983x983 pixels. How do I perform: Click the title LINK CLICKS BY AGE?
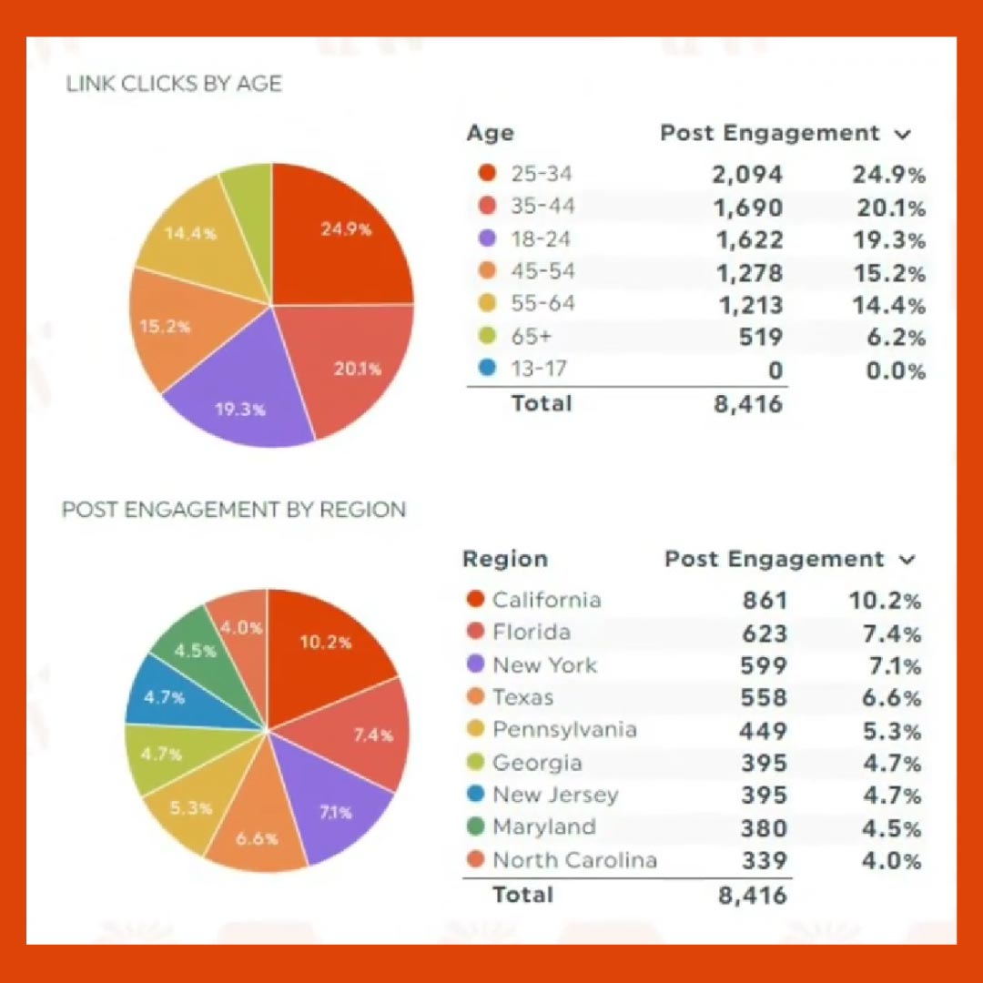174,85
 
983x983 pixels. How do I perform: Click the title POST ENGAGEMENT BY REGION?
233,510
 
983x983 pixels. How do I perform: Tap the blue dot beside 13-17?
487,370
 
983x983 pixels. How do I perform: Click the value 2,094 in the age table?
746,174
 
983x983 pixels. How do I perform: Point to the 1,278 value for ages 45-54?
750,272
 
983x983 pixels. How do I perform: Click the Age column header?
490,134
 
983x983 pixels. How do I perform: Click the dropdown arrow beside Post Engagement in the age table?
902,135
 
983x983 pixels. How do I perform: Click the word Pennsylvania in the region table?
564,730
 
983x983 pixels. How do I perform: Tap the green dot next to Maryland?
475,827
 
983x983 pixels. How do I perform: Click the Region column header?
505,559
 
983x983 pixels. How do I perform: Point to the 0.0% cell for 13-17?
896,371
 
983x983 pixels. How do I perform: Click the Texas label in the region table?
522,698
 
